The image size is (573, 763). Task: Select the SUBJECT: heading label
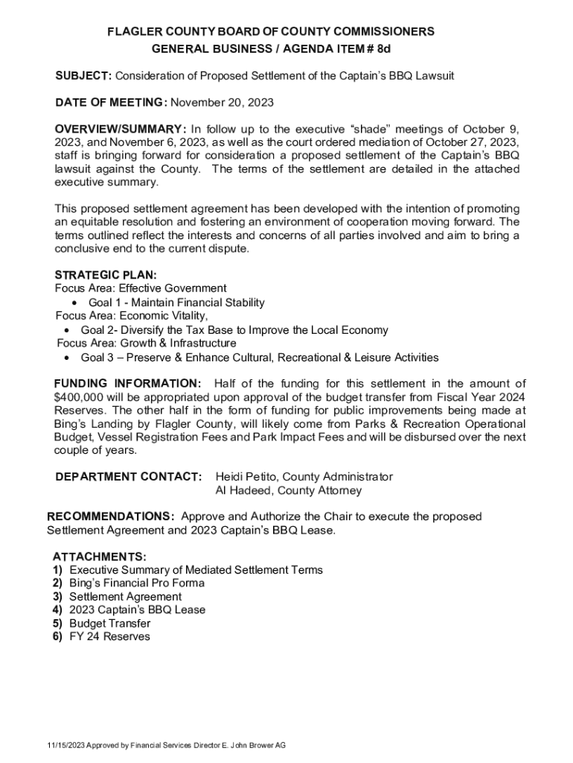pos(85,76)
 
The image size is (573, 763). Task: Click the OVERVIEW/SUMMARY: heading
pos(121,128)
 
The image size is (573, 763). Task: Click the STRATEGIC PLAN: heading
pos(106,275)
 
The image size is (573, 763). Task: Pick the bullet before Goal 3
pos(68,358)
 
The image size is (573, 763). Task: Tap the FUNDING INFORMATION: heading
pos(127,384)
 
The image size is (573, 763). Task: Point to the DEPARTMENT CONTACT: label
pos(129,477)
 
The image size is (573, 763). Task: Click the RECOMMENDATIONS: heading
pos(112,517)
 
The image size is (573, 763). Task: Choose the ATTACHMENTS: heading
pos(99,557)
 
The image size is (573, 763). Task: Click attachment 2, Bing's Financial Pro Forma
pos(137,583)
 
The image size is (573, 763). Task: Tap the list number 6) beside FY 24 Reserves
pos(57,637)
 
